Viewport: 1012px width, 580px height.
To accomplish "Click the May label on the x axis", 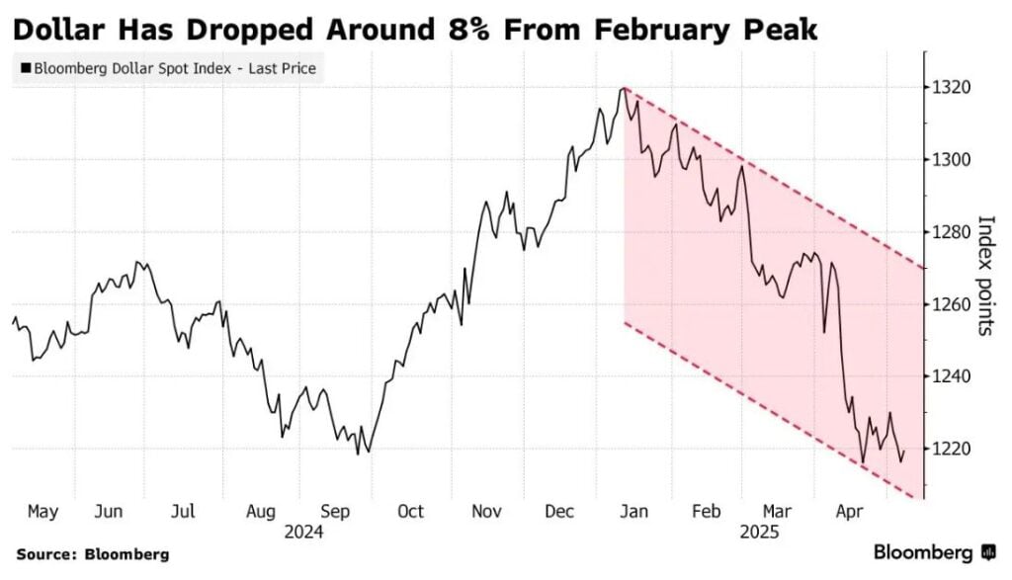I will tap(42, 511).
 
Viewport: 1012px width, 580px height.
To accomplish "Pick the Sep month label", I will tap(336, 511).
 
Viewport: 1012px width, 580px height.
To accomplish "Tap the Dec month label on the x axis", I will tap(560, 511).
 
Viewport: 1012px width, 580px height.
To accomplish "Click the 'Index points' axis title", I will tap(985, 275).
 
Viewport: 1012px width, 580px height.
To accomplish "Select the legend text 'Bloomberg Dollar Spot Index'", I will tap(129, 69).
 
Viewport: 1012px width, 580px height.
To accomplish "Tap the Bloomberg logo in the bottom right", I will tap(934, 551).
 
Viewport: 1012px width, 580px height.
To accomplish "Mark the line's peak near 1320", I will tap(622, 89).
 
